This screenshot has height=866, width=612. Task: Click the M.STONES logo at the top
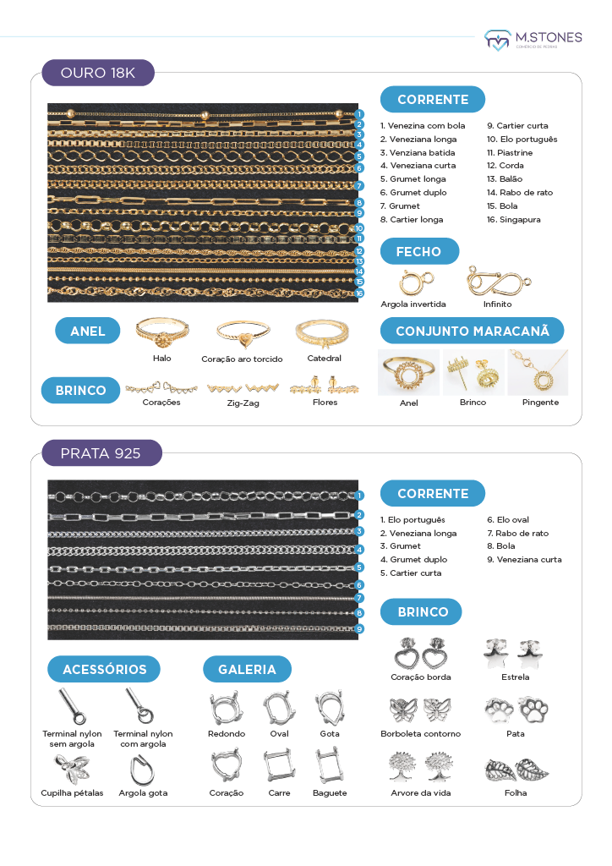[x=533, y=40]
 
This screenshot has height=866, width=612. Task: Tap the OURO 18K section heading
[x=98, y=73]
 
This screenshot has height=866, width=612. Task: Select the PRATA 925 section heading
[x=101, y=452]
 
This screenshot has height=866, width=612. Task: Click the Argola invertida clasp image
[x=418, y=281]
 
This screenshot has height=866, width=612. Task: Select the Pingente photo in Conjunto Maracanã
[x=538, y=372]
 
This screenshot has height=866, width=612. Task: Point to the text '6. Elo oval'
[x=508, y=520]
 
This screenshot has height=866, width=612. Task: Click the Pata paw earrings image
[x=516, y=710]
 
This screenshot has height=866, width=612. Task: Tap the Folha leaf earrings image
[x=516, y=770]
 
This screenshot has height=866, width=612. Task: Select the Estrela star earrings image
[x=516, y=653]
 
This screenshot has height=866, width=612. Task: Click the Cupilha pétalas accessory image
[x=73, y=769]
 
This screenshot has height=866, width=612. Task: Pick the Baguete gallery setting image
[x=329, y=766]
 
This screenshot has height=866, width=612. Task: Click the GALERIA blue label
[x=247, y=669]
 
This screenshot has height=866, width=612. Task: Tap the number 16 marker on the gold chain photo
[x=359, y=293]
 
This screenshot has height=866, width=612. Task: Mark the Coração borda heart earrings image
[x=420, y=654]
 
